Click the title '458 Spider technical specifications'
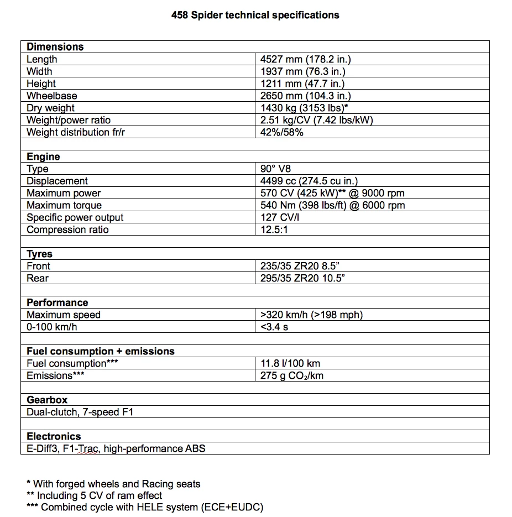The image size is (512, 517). point(255,15)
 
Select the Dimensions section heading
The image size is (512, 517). point(55,47)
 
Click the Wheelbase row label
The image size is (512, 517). point(52,96)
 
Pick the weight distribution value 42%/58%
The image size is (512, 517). point(282,132)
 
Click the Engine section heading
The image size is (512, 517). point(43,156)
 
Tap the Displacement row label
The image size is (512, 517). point(57,181)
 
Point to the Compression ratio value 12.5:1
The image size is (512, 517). point(274,229)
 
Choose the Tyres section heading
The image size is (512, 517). point(39,254)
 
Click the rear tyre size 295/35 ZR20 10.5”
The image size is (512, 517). point(302,278)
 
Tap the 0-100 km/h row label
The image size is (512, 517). point(51,327)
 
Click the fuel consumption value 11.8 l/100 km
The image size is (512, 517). point(290,363)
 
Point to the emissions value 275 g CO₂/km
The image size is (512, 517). point(292,375)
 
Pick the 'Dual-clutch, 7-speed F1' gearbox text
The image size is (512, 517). point(80,412)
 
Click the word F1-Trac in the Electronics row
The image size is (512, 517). point(81,448)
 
